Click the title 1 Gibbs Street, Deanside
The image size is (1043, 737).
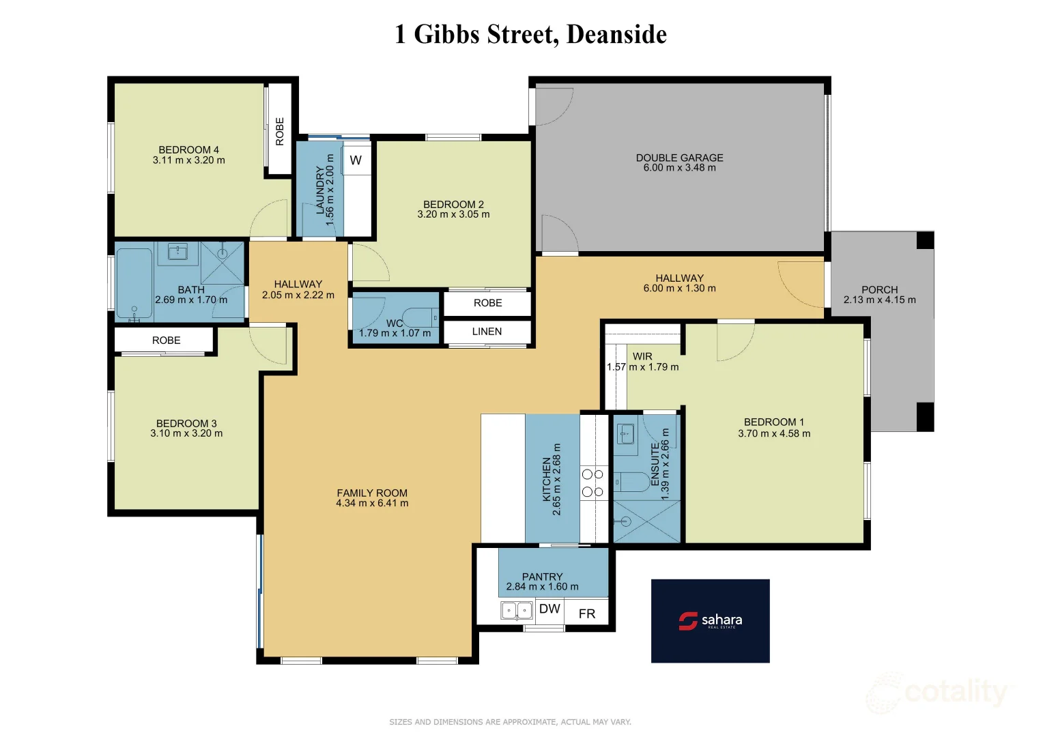(530, 34)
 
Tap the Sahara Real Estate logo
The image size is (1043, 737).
(710, 620)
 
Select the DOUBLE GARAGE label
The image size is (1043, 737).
(679, 158)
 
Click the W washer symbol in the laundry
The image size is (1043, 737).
(356, 160)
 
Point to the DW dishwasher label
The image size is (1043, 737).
(549, 609)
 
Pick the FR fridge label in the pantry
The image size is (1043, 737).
(587, 613)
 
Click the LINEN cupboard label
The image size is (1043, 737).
(487, 332)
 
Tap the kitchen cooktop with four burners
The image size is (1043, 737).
(592, 482)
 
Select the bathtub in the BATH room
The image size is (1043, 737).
(134, 283)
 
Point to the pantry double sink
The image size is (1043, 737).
(517, 609)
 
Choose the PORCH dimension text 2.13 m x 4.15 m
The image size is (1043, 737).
(879, 300)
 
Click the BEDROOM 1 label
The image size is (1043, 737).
(774, 422)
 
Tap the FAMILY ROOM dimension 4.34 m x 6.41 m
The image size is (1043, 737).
(372, 504)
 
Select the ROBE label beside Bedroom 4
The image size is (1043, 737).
(280, 131)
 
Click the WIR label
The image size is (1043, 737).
(642, 356)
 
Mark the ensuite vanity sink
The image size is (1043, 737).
(626, 433)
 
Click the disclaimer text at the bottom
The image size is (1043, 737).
(510, 721)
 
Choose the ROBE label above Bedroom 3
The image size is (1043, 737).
(167, 340)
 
